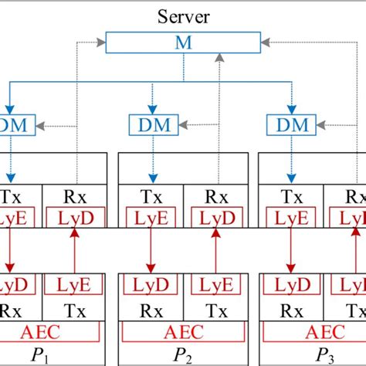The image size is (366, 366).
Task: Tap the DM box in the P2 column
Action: [149, 124]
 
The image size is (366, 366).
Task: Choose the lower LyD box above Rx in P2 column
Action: [149, 286]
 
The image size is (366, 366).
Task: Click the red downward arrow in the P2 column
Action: [149, 251]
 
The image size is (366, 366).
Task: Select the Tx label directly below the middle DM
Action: [149, 197]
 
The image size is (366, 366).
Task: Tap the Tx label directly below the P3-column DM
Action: [289, 197]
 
